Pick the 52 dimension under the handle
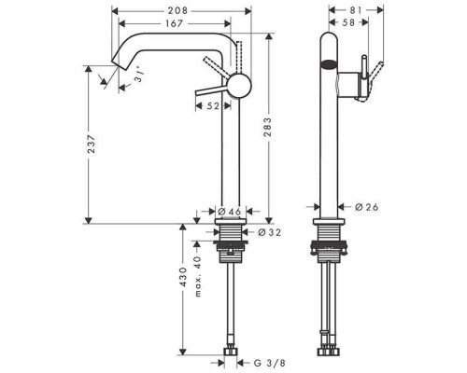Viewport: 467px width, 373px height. click(x=212, y=106)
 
